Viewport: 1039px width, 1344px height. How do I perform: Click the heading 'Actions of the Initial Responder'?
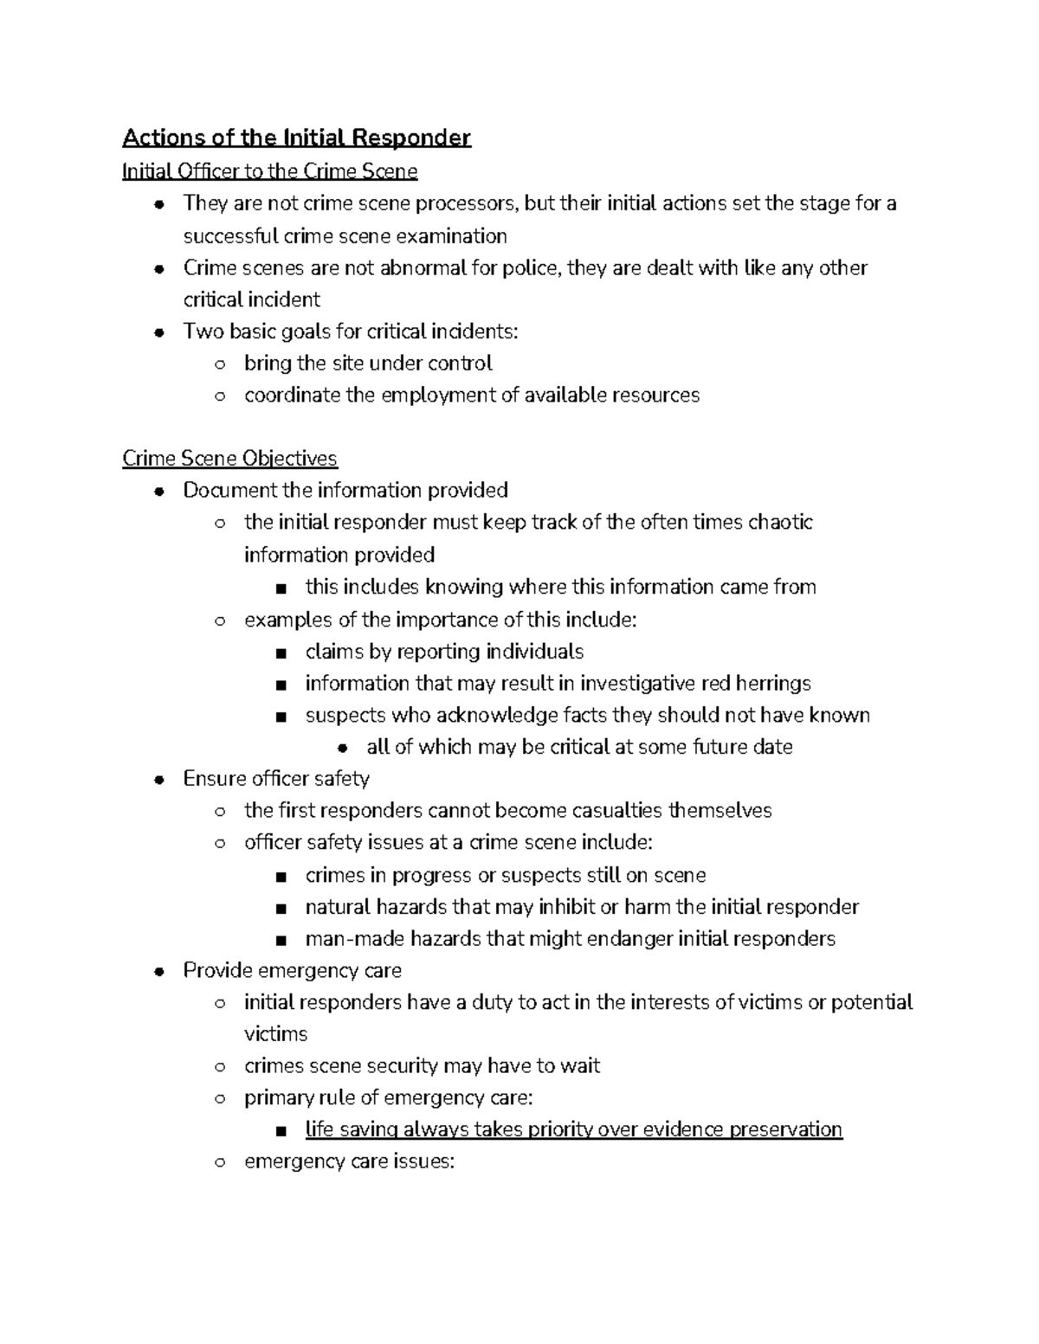click(296, 138)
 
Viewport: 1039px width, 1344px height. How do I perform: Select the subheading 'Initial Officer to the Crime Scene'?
click(269, 171)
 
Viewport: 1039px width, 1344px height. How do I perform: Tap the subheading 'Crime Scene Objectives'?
click(229, 458)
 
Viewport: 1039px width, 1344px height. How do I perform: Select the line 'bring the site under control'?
click(368, 363)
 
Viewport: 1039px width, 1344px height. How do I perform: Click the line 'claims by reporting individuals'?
click(444, 652)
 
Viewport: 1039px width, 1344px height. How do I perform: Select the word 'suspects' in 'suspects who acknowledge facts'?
click(345, 716)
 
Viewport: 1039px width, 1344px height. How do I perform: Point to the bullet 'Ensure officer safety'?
click(276, 779)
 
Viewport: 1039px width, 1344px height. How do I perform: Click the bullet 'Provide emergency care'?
click(292, 971)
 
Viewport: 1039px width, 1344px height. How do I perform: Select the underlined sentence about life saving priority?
click(573, 1130)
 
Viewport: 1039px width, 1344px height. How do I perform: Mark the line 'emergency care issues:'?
click(349, 1161)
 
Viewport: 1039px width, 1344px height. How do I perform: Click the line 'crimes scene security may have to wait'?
click(422, 1066)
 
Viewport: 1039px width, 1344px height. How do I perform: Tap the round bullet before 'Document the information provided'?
click(158, 492)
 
